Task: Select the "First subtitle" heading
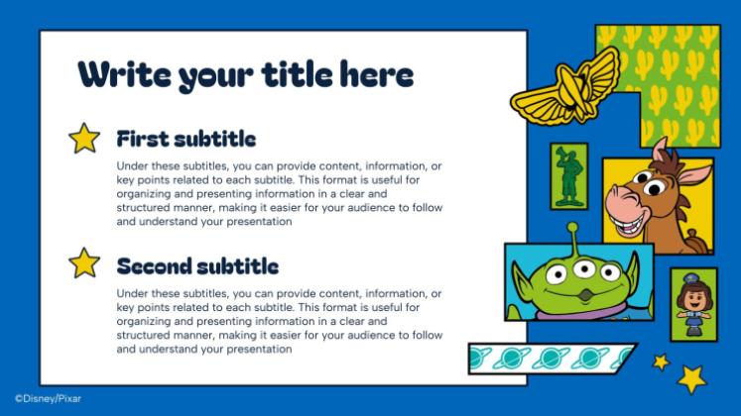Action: tap(186, 139)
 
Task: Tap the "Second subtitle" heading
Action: tap(197, 265)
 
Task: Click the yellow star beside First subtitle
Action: tap(84, 139)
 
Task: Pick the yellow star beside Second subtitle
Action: tap(84, 263)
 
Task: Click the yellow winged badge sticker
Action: tap(566, 88)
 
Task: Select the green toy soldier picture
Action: tap(568, 176)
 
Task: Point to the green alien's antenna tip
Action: tap(572, 229)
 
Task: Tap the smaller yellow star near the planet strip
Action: tap(661, 362)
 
